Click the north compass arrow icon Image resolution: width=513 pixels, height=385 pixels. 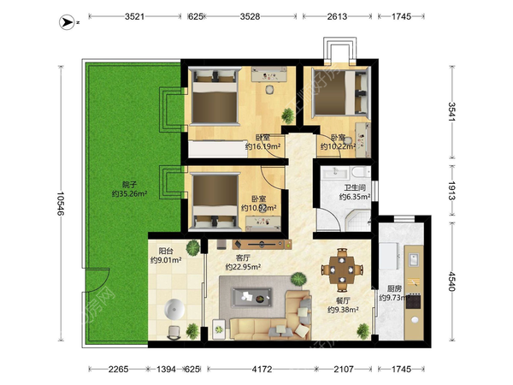coord(67,22)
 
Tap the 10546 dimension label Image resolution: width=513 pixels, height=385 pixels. coord(61,204)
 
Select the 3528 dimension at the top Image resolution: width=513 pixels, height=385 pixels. coord(250,16)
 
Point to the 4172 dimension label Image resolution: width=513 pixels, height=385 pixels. coord(262,370)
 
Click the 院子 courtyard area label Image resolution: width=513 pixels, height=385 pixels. coord(129,185)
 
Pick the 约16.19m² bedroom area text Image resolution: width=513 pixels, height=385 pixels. coord(263,146)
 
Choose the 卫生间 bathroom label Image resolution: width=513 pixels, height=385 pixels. coord(355,188)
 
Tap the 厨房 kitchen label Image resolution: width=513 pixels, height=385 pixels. coord(394,289)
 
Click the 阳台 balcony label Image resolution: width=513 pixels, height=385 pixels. coord(166,251)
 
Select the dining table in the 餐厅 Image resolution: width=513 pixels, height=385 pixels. coord(342,270)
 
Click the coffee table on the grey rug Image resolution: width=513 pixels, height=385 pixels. coord(252,297)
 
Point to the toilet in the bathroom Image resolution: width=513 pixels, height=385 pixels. coord(361,172)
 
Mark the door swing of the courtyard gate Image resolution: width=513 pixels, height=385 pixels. coord(97,280)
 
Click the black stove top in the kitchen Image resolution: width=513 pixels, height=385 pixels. coord(414,301)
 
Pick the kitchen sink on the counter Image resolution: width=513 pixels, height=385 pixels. coord(414,259)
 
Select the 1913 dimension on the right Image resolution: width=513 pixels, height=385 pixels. coord(451,191)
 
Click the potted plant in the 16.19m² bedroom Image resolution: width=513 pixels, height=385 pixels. coord(288,115)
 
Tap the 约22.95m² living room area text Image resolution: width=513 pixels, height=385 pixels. coord(243,267)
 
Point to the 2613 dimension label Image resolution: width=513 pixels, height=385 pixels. coord(337,16)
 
